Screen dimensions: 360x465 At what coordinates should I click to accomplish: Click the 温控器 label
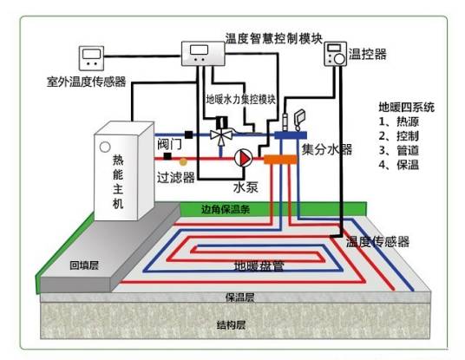click(x=368, y=54)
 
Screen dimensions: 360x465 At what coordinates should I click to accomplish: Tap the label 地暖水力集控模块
click(x=240, y=99)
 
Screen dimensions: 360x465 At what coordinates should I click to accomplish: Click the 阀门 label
click(x=169, y=144)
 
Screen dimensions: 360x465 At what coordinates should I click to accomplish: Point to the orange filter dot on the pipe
click(x=181, y=160)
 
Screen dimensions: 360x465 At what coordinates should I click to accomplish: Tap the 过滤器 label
click(x=176, y=175)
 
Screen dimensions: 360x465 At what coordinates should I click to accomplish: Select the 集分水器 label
click(x=327, y=150)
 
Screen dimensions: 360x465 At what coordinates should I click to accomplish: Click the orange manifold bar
click(x=280, y=159)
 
